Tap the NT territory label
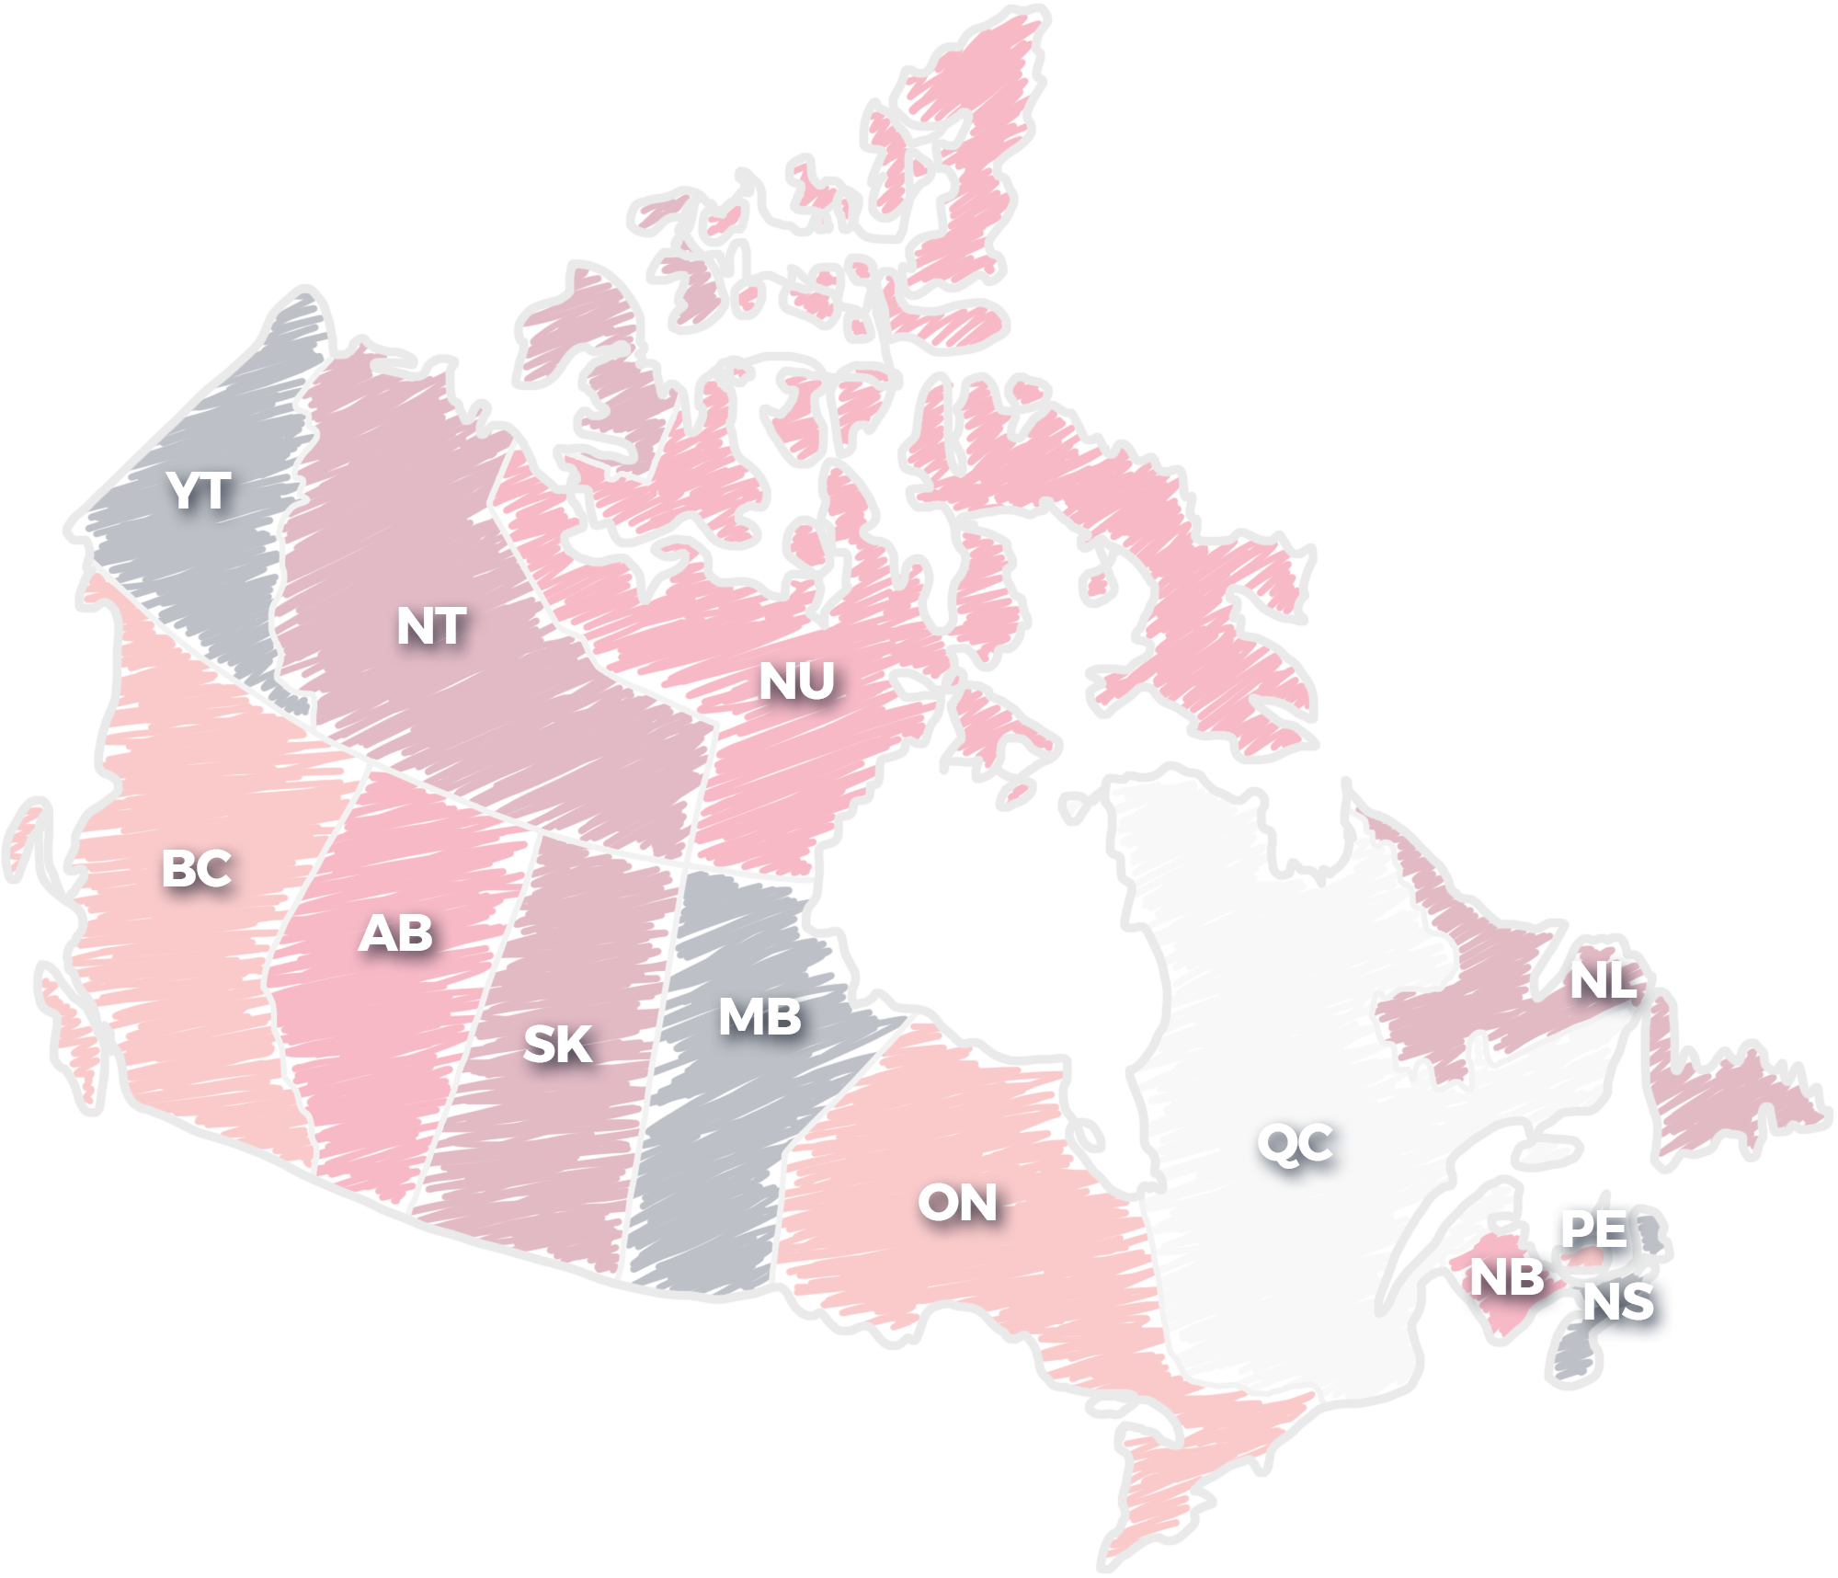431,626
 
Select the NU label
796,681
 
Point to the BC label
196,868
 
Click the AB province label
395,933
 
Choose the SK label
557,1045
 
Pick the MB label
759,1017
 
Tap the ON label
957,1203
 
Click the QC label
1295,1143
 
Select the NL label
1603,980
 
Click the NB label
1507,1277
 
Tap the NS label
1618,1302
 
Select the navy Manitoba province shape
717,1149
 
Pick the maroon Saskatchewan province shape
552,1149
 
